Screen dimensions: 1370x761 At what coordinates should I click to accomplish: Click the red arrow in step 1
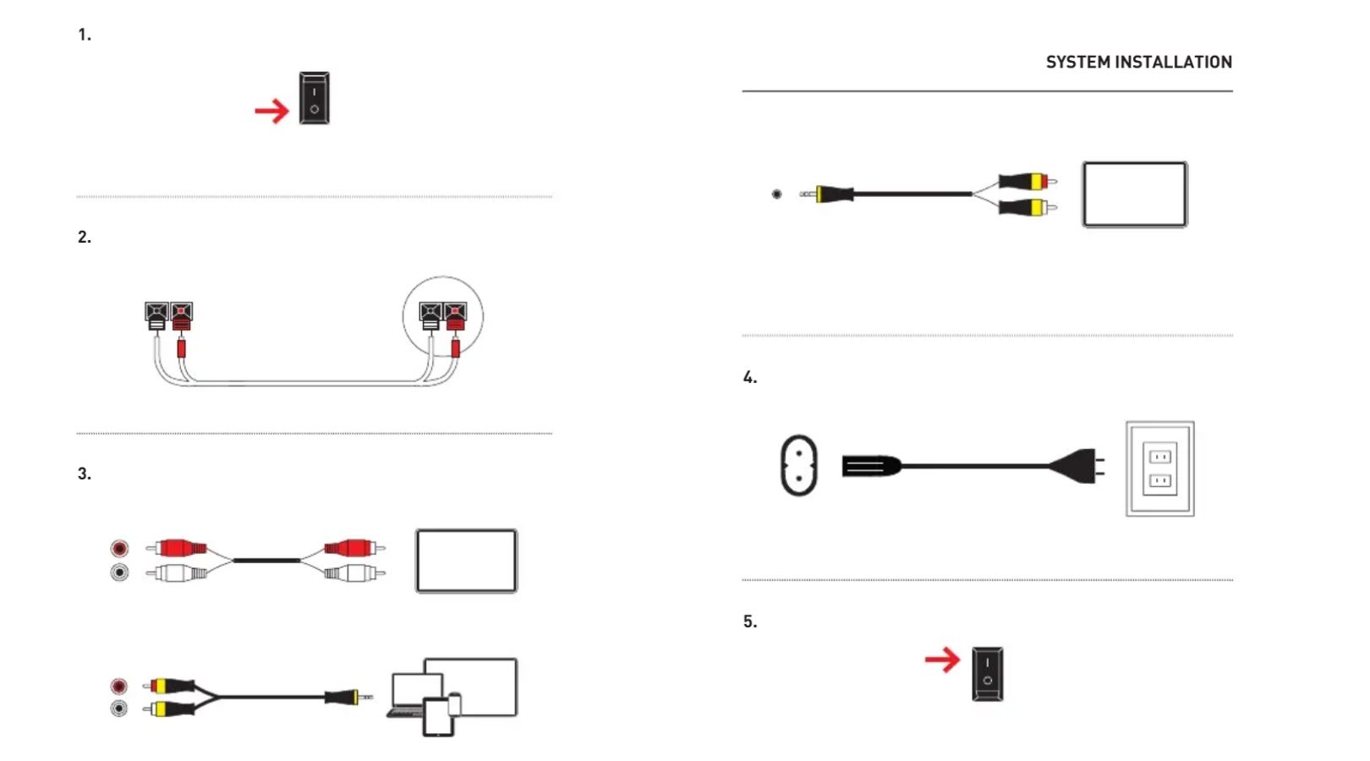click(x=271, y=111)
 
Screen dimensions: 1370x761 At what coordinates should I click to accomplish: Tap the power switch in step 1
click(x=315, y=98)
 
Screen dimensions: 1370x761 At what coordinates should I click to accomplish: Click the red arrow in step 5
click(x=942, y=660)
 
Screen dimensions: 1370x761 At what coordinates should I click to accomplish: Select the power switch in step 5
click(x=988, y=674)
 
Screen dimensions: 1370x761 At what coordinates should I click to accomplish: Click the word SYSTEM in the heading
click(x=1078, y=63)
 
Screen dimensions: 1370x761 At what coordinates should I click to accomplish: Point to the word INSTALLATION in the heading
click(x=1175, y=63)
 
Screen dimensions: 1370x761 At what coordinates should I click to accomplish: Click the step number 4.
click(x=750, y=377)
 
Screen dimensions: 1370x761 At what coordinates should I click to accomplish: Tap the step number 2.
click(x=85, y=238)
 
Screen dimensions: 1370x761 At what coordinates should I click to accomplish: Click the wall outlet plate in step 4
click(x=1159, y=468)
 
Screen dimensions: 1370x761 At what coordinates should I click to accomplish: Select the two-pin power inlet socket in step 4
click(x=799, y=465)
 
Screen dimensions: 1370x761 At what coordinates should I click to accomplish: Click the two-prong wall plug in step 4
click(x=1077, y=466)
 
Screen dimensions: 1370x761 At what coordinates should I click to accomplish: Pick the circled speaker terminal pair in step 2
click(x=443, y=316)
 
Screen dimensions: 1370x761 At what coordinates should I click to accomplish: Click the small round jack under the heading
click(x=776, y=194)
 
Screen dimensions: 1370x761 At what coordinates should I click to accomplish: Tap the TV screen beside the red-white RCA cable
click(x=467, y=561)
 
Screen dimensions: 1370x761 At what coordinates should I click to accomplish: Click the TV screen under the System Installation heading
click(x=1135, y=194)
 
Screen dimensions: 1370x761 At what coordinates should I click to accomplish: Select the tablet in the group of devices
click(x=439, y=717)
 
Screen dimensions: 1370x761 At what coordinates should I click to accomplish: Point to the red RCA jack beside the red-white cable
click(x=119, y=548)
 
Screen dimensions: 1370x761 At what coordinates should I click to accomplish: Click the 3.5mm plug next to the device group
click(x=348, y=697)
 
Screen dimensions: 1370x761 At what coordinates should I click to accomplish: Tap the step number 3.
click(x=85, y=474)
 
